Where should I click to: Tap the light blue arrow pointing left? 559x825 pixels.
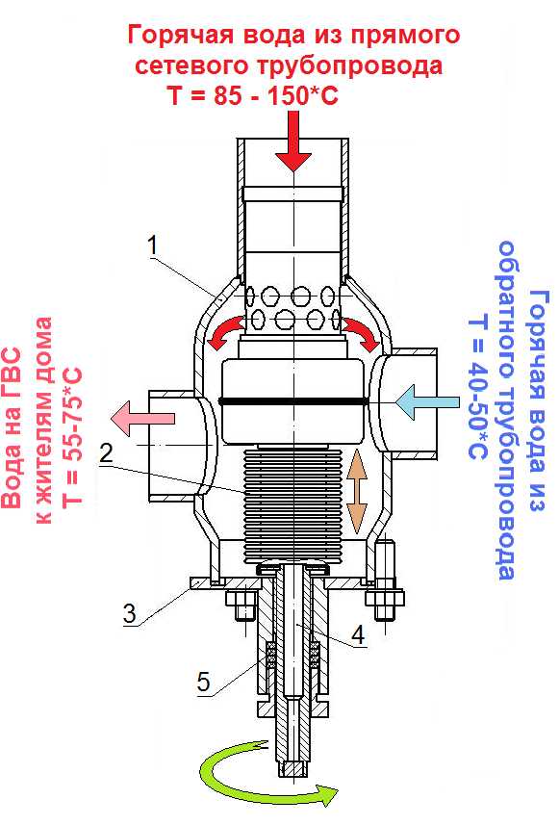coord(426,402)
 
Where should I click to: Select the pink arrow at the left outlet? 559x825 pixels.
coord(142,418)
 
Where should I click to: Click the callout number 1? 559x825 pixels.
coord(153,245)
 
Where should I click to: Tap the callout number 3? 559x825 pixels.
coord(129,613)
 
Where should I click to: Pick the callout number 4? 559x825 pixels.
coord(358,635)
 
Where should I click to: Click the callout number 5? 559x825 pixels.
coord(203,682)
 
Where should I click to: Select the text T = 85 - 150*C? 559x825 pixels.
coord(252,95)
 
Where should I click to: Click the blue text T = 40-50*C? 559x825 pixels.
coord(478,387)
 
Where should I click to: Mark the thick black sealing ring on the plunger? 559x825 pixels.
coord(293,401)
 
